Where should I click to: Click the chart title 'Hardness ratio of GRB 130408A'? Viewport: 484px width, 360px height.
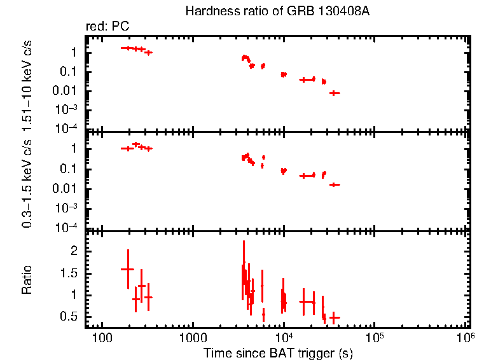click(277, 11)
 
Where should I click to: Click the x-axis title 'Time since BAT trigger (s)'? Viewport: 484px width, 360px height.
click(278, 352)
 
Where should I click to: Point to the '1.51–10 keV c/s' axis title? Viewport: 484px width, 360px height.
click(27, 83)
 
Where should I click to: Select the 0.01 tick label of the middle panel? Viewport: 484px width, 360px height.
click(69, 188)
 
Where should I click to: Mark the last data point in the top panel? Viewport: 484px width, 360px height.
click(335, 93)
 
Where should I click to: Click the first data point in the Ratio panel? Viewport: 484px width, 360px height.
click(127, 269)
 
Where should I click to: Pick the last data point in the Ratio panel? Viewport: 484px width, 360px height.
click(334, 317)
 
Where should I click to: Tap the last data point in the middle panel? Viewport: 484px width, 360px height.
click(335, 184)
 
